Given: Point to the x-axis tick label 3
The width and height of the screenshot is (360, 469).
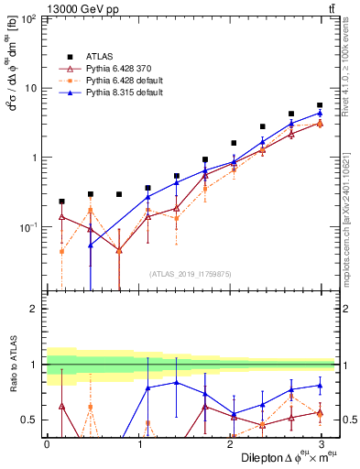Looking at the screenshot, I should (320, 444).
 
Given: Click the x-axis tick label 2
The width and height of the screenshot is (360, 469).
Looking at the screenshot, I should (229, 444).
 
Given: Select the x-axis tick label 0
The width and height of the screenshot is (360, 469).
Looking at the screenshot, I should (47, 444).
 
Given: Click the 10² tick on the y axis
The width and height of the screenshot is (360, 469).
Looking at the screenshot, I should (27, 19).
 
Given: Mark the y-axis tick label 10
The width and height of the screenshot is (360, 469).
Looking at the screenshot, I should (29, 88).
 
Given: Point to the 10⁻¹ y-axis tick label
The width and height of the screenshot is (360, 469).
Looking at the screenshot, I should (27, 226).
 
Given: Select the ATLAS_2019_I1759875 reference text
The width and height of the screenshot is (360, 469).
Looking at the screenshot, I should (191, 272).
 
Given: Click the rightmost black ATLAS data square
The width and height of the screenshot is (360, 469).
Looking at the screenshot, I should (320, 105).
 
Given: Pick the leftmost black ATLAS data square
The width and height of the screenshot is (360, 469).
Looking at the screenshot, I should (61, 202).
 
